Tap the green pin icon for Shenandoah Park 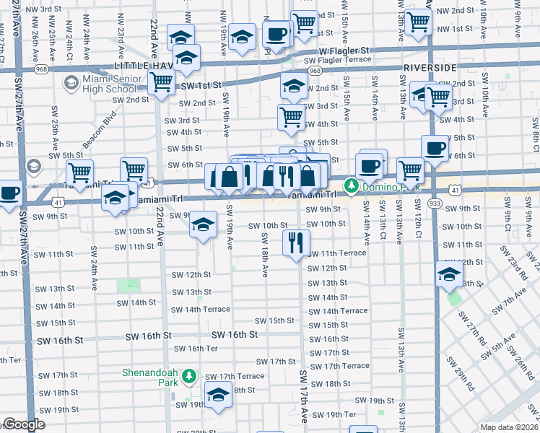(x=188, y=376)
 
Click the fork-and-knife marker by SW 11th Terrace (x=295, y=242)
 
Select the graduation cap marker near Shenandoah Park (x=219, y=394)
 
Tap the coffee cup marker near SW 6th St (x=435, y=148)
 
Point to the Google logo (x=24, y=425)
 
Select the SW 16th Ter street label (x=197, y=349)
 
